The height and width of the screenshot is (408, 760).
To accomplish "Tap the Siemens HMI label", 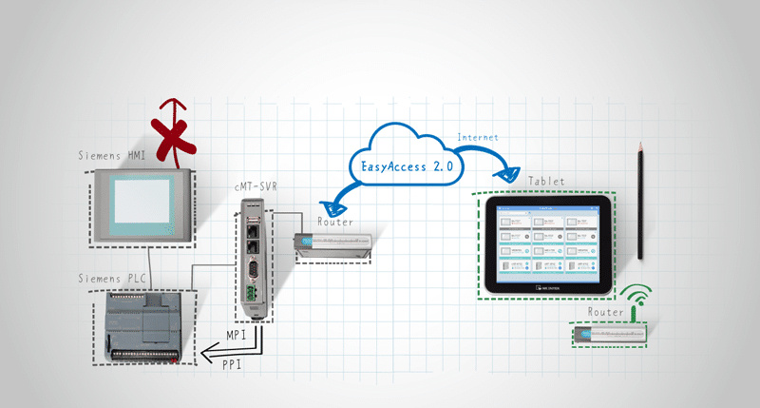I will pos(111,155).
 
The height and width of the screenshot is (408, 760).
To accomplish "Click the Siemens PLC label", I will pos(111,278).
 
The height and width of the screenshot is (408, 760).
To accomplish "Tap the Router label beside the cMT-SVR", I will pos(334,222).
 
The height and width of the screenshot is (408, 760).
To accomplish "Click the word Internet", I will pos(479,138).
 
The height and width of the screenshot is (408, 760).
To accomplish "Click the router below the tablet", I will pos(612,332).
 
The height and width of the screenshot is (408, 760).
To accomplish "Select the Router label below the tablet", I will pos(605,312).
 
